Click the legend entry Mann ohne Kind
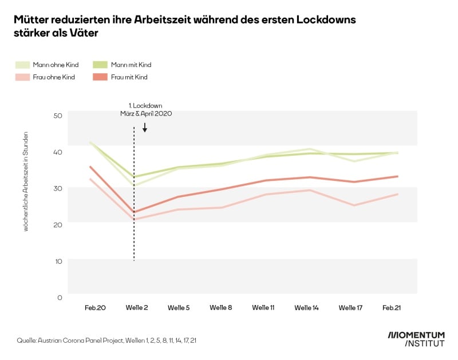point(56,65)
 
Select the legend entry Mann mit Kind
point(132,65)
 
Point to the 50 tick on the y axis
point(57,116)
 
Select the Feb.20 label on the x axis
point(95,308)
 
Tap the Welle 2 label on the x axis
point(137,308)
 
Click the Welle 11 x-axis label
point(263,308)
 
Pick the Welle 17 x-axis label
point(350,308)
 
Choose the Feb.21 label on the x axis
point(392,308)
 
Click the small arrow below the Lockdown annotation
point(145,128)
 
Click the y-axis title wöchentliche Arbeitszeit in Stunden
point(26,181)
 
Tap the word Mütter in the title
point(32,20)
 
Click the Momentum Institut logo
point(417,339)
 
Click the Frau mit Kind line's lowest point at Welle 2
point(134,212)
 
